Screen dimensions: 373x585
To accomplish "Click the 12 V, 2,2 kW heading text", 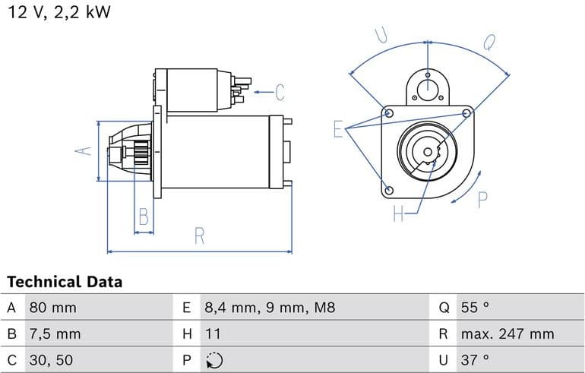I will click(x=58, y=13).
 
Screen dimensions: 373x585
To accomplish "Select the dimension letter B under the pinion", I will click(x=143, y=218).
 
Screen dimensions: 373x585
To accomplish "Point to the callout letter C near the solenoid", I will click(x=279, y=93).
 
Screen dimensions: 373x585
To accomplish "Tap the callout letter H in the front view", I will click(x=399, y=214).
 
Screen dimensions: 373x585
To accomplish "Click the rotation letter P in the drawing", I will click(x=482, y=199).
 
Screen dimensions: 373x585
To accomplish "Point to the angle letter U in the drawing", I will click(x=381, y=35).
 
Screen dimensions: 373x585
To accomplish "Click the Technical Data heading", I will click(x=65, y=282).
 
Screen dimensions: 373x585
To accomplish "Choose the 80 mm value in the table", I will click(x=53, y=308).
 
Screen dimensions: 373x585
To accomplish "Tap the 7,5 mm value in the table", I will click(x=55, y=333).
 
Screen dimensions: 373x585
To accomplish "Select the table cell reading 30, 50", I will click(x=52, y=359).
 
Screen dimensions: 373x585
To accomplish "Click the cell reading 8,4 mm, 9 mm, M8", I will click(x=269, y=308).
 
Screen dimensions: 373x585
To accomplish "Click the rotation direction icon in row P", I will click(x=215, y=359).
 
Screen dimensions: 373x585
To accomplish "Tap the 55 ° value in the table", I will click(x=475, y=308).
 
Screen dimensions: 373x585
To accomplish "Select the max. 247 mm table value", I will click(x=507, y=333).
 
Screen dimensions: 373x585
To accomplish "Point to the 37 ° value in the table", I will click(x=475, y=359).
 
